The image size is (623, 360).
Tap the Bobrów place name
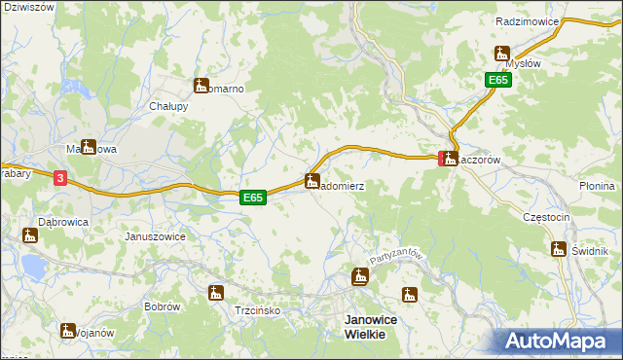[x=162, y=306]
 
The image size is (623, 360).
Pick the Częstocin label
[x=545, y=217]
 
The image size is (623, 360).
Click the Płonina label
[x=597, y=186]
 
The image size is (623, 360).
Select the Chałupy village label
[x=167, y=106]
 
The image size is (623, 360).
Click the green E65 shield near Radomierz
[x=253, y=198]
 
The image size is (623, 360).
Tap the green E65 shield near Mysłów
[x=499, y=81]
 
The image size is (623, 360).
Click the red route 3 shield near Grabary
[x=60, y=178]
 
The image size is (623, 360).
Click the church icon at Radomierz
[x=311, y=180]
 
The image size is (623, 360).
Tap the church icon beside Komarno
[x=202, y=86]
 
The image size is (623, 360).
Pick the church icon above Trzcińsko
[x=215, y=292]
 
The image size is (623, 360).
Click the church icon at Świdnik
[x=559, y=249]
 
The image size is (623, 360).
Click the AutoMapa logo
[x=558, y=340]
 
